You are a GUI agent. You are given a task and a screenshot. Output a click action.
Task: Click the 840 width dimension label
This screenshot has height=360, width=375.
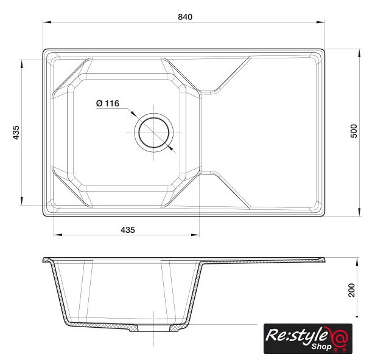[185, 17]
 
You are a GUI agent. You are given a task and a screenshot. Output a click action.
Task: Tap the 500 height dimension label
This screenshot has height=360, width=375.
[354, 131]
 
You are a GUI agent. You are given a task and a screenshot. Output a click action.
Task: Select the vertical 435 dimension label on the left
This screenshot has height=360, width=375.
[16, 133]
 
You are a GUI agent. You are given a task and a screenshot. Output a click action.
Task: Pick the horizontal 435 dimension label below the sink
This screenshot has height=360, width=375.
[128, 230]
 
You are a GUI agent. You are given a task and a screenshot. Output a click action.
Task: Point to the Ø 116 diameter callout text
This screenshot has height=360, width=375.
[108, 103]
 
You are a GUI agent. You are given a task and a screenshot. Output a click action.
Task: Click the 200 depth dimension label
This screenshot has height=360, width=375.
[352, 290]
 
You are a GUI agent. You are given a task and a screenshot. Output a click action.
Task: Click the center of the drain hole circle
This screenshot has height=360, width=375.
[154, 133]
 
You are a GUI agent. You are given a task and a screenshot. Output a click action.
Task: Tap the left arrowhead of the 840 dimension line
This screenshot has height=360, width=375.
[47, 22]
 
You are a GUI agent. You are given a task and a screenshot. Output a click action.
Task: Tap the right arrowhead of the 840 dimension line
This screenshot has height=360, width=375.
[320, 22]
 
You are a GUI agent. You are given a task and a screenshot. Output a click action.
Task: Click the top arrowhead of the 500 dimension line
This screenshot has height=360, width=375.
[359, 54]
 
